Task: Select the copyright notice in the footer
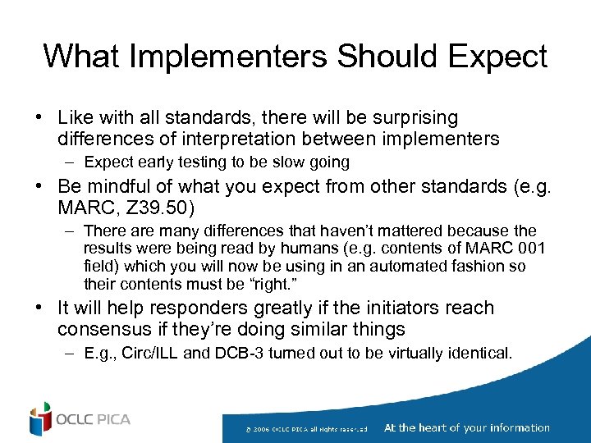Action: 306,429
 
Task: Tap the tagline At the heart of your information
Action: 466,427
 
